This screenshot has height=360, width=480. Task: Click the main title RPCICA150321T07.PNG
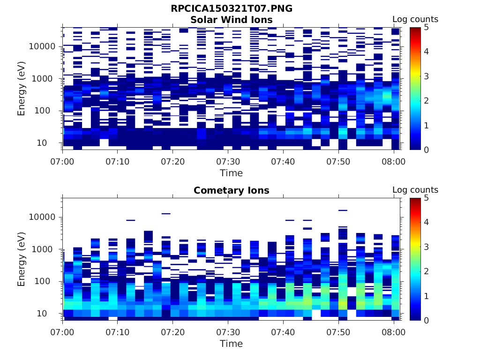coord(231,9)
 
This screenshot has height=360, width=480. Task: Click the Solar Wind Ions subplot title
coord(231,20)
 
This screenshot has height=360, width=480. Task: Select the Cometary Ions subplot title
coord(231,190)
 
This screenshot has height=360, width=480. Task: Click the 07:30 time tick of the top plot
coord(228,162)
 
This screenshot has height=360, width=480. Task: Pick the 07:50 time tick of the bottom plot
coord(338,332)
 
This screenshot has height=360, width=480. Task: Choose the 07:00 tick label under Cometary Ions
coord(62,332)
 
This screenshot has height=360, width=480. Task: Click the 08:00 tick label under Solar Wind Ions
coord(393,162)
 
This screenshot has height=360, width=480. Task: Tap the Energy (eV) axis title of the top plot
coord(22,89)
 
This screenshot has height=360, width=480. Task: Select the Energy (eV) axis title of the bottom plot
coord(22,259)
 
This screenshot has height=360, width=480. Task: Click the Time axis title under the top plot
coord(231,173)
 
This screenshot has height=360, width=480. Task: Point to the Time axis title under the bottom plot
coord(231,344)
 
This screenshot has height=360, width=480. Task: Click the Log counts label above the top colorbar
coord(415,20)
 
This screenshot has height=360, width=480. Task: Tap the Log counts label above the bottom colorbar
coord(415,190)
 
